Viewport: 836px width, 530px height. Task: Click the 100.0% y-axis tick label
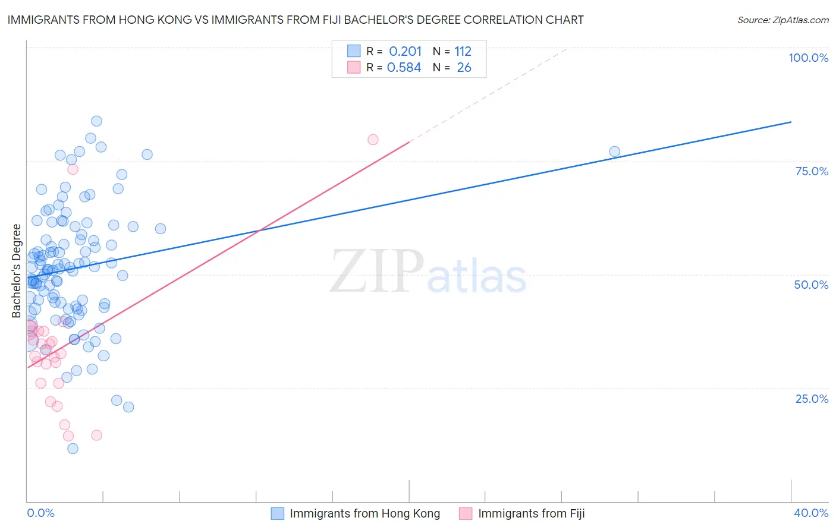[x=808, y=58]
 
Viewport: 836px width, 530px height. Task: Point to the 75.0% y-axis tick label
[x=812, y=171]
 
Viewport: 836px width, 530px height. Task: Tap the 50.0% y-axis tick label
[x=811, y=285]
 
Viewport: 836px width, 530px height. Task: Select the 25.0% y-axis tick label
[x=812, y=398]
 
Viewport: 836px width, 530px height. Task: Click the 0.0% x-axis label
[x=40, y=513]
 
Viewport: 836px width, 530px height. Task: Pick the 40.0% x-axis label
[x=811, y=513]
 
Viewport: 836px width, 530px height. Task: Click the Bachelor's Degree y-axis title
[x=17, y=271]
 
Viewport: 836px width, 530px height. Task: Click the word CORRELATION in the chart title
[x=499, y=20]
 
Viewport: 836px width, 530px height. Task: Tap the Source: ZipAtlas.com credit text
[x=782, y=20]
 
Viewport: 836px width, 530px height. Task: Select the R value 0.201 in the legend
[x=405, y=52]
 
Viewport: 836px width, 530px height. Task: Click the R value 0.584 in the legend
[x=404, y=68]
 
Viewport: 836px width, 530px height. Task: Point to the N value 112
[x=463, y=52]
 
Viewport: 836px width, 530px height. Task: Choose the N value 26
[x=464, y=68]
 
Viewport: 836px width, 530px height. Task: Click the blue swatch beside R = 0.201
[x=354, y=51]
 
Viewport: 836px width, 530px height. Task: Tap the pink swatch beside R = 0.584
[x=354, y=67]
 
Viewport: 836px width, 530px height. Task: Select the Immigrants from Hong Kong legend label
[x=364, y=513]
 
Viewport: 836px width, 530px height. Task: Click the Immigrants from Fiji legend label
[x=531, y=513]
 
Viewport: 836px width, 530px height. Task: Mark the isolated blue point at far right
[x=614, y=152]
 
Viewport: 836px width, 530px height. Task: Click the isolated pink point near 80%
[x=373, y=140]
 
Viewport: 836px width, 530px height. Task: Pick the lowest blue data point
[x=73, y=449]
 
